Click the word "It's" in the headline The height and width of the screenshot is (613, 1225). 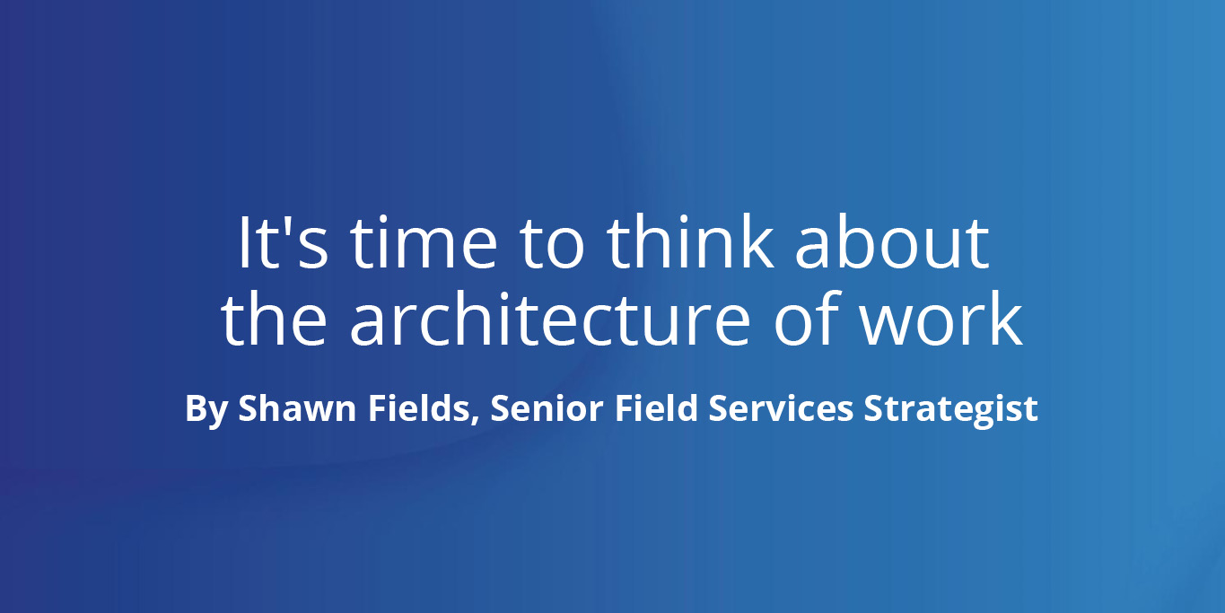coord(284,242)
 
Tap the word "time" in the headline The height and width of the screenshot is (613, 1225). coord(424,242)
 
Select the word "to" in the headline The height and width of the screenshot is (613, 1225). coord(552,246)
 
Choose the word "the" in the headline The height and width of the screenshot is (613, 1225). coord(274,319)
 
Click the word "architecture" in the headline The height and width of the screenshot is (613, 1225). coord(550,319)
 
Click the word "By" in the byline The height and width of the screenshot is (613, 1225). coord(206,410)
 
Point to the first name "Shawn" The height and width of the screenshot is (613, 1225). coord(298,408)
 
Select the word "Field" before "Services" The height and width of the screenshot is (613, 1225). coord(657,408)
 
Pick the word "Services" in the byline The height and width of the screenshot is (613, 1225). coord(781,408)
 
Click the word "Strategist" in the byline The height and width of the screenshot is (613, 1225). coord(950,409)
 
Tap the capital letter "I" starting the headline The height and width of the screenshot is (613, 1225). coord(243,243)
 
